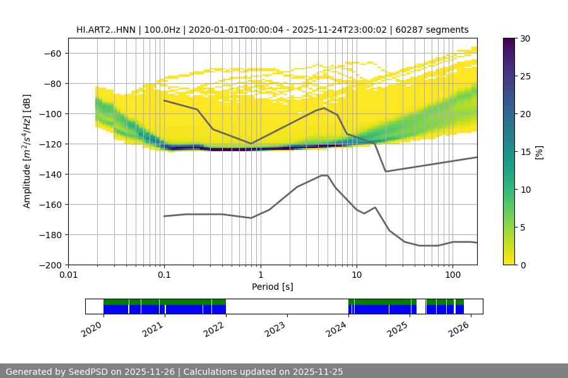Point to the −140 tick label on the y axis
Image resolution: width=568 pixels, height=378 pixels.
click(50, 174)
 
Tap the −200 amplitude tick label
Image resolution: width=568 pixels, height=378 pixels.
click(50, 265)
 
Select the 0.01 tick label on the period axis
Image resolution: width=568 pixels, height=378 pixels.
click(68, 275)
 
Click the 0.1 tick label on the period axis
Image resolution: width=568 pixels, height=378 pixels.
click(164, 275)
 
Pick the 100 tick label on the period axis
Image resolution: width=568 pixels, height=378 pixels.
click(452, 275)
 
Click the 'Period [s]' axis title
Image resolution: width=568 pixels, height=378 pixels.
click(273, 287)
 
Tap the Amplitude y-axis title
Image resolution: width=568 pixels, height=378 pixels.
click(27, 151)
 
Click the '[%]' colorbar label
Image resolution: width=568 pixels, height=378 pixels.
click(539, 151)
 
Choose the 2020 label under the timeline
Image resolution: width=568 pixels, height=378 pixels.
click(92, 328)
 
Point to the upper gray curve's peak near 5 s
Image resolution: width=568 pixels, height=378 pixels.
click(324, 108)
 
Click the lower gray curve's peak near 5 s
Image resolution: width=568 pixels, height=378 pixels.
click(324, 175)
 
